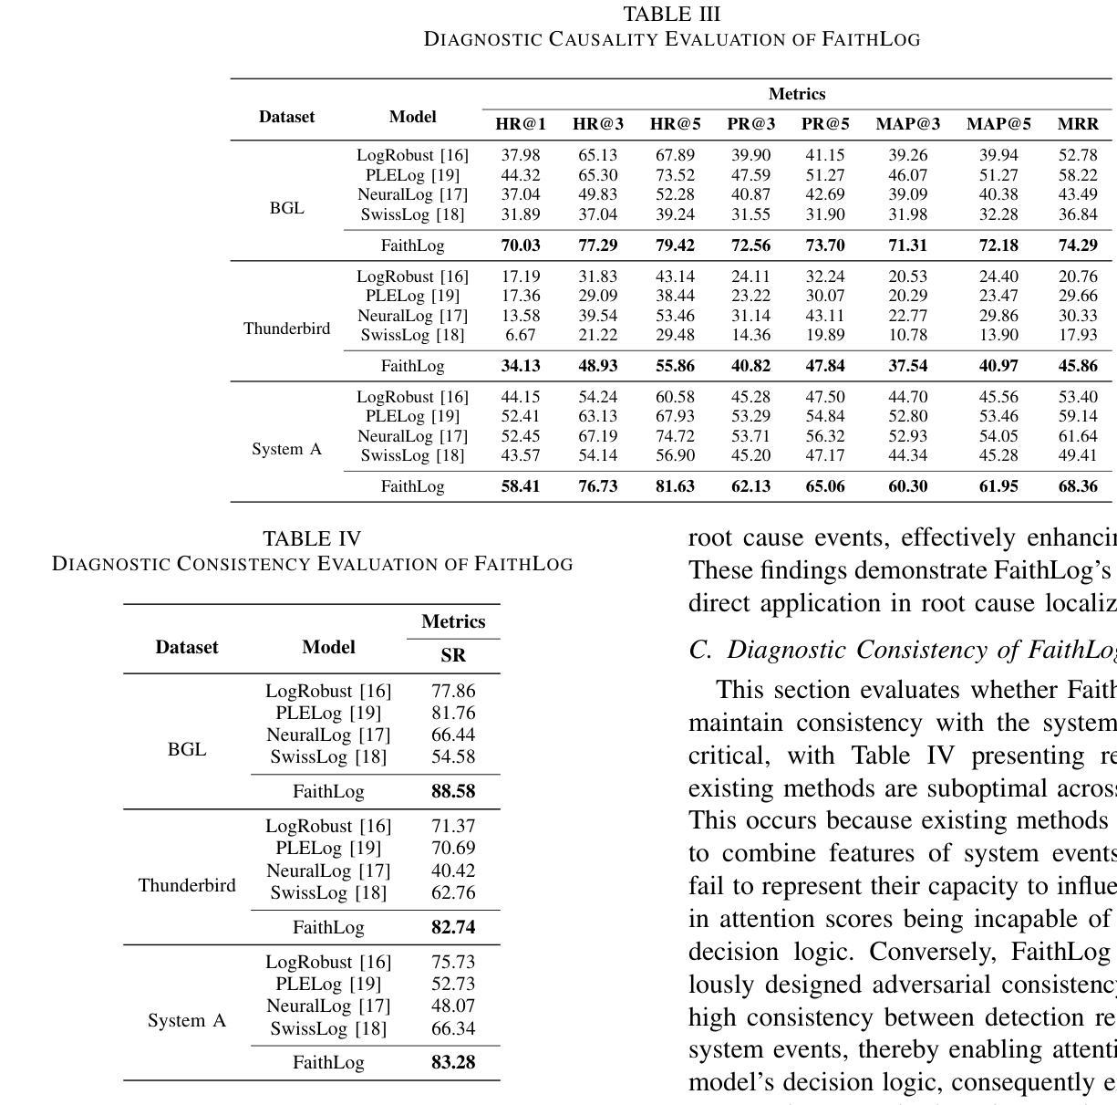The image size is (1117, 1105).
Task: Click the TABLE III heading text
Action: click(671, 15)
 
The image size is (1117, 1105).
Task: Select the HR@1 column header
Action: click(521, 124)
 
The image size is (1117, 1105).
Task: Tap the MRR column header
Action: click(1077, 124)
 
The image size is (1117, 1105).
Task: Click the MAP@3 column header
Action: click(907, 124)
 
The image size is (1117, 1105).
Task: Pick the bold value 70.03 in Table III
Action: click(521, 245)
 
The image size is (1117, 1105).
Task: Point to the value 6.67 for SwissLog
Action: click(521, 335)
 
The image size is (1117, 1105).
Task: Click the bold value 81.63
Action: click(675, 486)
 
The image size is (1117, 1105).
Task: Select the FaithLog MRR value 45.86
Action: click(1077, 366)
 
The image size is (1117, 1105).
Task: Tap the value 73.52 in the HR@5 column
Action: click(675, 175)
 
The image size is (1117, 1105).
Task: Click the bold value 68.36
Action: click(1077, 486)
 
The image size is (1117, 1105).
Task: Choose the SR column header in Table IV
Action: click(453, 655)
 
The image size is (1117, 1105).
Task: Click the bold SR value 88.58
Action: click(453, 791)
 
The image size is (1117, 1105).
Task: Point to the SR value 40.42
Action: click(453, 870)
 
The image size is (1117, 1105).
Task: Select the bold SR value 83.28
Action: click(453, 1062)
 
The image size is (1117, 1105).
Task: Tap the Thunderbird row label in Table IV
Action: click(187, 885)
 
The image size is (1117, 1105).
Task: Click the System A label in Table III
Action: click(286, 449)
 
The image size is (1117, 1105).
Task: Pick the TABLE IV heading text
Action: click(312, 538)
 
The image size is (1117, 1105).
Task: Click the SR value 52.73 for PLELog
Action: click(453, 984)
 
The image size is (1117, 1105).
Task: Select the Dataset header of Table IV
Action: click(187, 647)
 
